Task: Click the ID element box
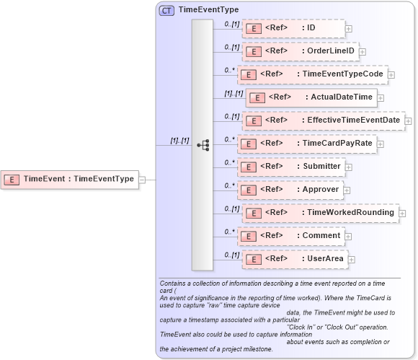pyautogui.click(x=293, y=28)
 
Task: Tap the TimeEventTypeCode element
pyautogui.click(x=312, y=74)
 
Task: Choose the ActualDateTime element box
pyautogui.click(x=311, y=97)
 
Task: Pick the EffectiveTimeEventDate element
pyautogui.click(x=322, y=120)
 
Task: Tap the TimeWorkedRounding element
pyautogui.click(x=319, y=213)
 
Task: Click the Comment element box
pyautogui.click(x=291, y=236)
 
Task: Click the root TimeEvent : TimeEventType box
pyautogui.click(x=69, y=179)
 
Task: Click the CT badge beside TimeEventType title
pyautogui.click(x=166, y=10)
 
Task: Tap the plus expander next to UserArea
pyautogui.click(x=352, y=259)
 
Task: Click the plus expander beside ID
pyautogui.click(x=349, y=29)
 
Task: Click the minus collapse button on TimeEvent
pyautogui.click(x=142, y=179)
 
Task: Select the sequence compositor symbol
pyautogui.click(x=203, y=144)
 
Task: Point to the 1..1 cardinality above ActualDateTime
pyautogui.click(x=233, y=94)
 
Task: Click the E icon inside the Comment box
pyautogui.click(x=249, y=236)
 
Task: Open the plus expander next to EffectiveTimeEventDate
pyautogui.click(x=408, y=120)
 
